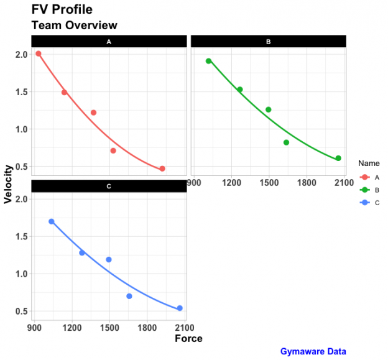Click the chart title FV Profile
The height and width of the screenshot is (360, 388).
point(62,10)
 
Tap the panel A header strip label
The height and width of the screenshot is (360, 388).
point(109,42)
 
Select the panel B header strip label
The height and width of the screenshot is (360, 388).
point(268,42)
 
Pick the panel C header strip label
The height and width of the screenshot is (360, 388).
point(109,187)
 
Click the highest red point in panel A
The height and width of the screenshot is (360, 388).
point(39,54)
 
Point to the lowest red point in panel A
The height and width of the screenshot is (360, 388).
point(162,168)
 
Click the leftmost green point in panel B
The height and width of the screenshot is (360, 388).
point(208,61)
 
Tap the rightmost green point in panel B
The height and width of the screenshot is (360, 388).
point(338,158)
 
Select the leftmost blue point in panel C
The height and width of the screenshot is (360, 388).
point(52,221)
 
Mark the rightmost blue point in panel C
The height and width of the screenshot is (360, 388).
point(180,308)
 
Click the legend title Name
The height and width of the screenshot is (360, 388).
point(369,163)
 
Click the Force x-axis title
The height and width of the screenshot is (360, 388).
point(188,339)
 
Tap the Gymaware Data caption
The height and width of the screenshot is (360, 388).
point(313,351)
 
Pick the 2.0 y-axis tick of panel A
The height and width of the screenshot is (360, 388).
point(22,55)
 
